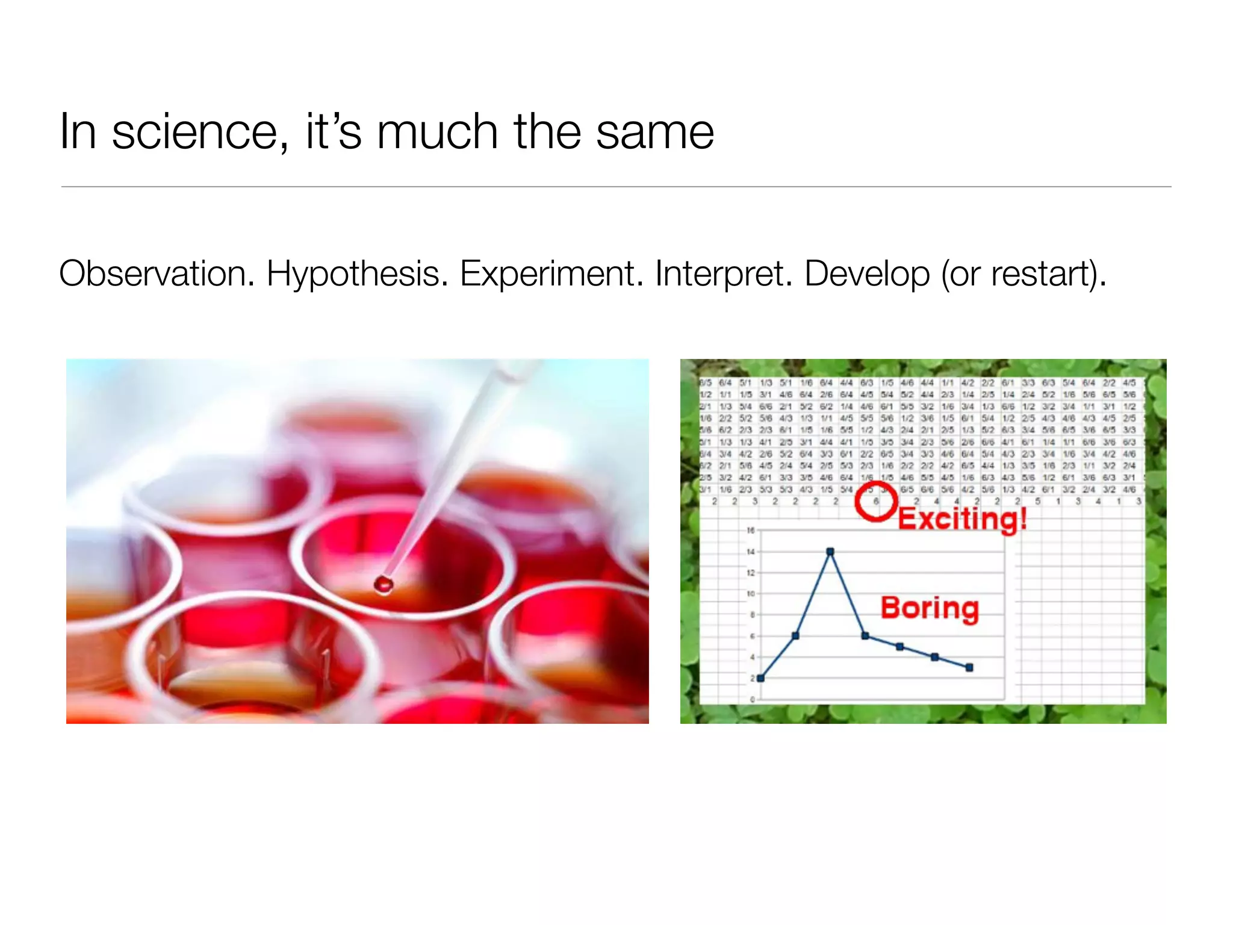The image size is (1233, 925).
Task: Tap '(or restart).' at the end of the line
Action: (1024, 274)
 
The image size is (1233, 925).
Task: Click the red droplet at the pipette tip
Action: (384, 584)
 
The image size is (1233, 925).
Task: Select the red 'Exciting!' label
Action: (962, 519)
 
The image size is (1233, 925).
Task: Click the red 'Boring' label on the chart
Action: (930, 608)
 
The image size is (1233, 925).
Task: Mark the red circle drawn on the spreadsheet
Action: (876, 500)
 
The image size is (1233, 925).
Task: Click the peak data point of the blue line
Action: (830, 552)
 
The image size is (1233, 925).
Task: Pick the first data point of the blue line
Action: (761, 678)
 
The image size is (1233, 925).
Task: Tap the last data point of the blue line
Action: (969, 667)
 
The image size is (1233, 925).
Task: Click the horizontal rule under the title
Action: (616, 187)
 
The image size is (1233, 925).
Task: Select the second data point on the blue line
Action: (795, 636)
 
